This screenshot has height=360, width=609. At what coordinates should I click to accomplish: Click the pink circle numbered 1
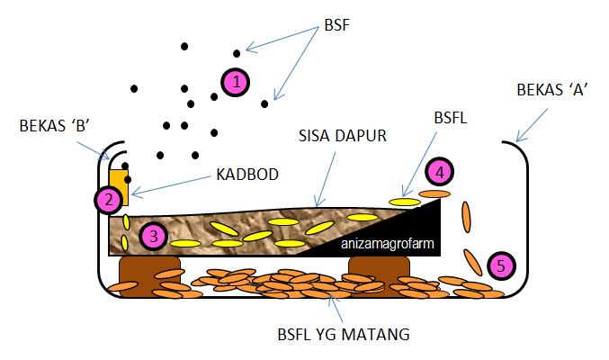(x=235, y=82)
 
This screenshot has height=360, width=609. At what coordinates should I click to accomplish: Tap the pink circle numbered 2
(x=109, y=200)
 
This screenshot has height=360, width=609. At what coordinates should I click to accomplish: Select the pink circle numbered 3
(x=153, y=237)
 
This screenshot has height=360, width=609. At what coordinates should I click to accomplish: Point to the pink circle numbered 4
(x=438, y=171)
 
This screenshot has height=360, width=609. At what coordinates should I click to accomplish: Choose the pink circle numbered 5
(x=501, y=265)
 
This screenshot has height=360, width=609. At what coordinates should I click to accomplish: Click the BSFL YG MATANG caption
(x=344, y=335)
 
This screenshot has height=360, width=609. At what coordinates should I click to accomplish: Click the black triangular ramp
(x=414, y=229)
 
